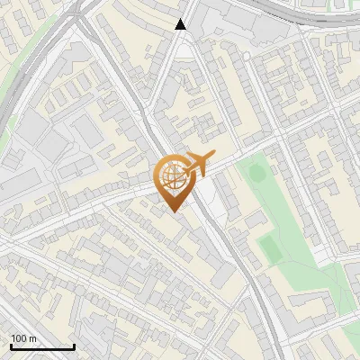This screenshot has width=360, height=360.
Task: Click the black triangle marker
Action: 181,24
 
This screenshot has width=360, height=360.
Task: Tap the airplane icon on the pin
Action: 197,165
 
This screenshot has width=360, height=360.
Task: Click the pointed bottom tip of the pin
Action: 173,211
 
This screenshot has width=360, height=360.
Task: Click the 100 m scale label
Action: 24,338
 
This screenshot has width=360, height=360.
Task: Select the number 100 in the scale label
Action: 20,338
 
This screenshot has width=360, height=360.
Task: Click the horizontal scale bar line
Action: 42,347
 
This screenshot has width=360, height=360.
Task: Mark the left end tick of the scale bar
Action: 11,346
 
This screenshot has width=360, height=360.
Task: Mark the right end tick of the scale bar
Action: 74,346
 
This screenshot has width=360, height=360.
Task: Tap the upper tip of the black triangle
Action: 181,19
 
